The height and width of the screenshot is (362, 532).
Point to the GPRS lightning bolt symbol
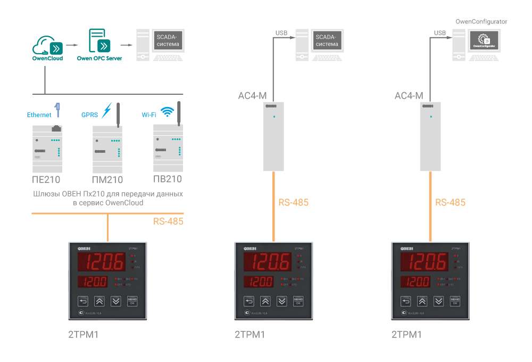[107, 111]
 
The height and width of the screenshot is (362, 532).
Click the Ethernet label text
[39, 114]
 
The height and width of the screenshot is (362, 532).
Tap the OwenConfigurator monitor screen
[483, 40]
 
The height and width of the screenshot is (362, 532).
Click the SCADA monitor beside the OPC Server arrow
[168, 40]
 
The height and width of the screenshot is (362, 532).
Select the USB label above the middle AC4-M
[281, 33]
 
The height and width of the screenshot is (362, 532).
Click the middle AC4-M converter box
[274, 136]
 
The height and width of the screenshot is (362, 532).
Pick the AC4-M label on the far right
[409, 96]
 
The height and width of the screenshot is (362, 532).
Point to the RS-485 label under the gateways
[168, 221]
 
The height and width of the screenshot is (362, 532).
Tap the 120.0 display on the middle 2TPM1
[258, 282]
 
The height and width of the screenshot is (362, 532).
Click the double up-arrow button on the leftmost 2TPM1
[99, 301]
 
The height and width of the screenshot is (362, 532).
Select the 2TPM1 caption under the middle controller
[250, 335]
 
